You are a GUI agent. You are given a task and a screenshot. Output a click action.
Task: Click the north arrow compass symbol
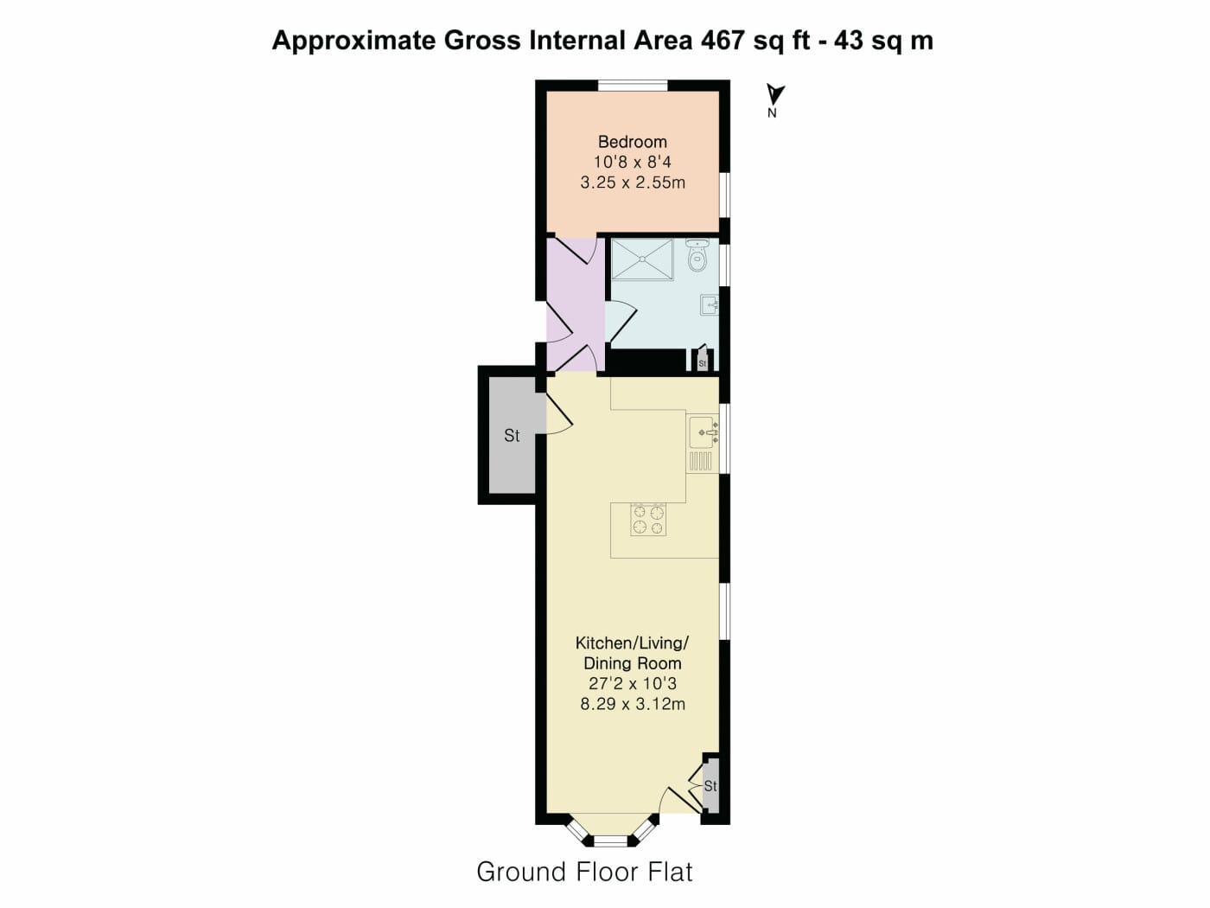tap(775, 95)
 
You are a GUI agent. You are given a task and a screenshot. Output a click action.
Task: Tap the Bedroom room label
tap(633, 142)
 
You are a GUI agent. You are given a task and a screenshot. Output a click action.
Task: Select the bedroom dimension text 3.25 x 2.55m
tap(633, 182)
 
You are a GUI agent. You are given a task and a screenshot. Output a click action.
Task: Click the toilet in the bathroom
tap(697, 256)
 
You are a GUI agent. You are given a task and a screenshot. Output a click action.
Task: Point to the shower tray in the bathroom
tap(642, 259)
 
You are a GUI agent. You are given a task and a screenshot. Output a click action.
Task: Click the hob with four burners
tap(648, 520)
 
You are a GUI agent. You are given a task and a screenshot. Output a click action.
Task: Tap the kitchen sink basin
tap(704, 432)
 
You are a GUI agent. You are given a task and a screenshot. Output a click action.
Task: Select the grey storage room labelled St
tap(513, 435)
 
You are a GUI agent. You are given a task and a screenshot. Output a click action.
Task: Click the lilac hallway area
tap(576, 304)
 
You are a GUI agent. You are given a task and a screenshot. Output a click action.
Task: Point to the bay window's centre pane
tap(610, 841)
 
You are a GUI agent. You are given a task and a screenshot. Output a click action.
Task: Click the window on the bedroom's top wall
tap(633, 86)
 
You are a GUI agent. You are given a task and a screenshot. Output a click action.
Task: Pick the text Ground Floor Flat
tap(584, 873)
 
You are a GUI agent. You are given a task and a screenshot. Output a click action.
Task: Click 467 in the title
tap(723, 41)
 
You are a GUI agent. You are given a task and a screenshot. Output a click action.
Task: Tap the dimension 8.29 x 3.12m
tap(633, 704)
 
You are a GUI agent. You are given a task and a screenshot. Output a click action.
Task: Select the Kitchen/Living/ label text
tap(633, 643)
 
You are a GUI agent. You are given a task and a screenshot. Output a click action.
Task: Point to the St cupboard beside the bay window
tap(710, 785)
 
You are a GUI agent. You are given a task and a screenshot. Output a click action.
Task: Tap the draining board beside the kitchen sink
tap(701, 461)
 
